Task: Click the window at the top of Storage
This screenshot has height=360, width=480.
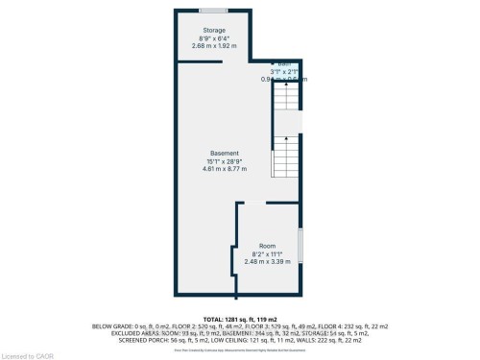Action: point(213,11)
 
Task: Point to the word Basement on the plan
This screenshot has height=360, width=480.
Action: point(225,154)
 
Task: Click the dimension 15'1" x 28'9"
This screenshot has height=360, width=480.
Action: point(225,161)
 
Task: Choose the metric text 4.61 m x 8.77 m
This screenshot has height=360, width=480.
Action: point(225,169)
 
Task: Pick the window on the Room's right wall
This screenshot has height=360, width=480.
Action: point(301,246)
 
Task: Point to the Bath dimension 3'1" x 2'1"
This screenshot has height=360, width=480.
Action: point(285,72)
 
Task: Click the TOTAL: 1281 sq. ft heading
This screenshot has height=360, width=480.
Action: point(240,317)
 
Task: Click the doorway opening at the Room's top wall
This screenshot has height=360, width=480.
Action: point(252,203)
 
